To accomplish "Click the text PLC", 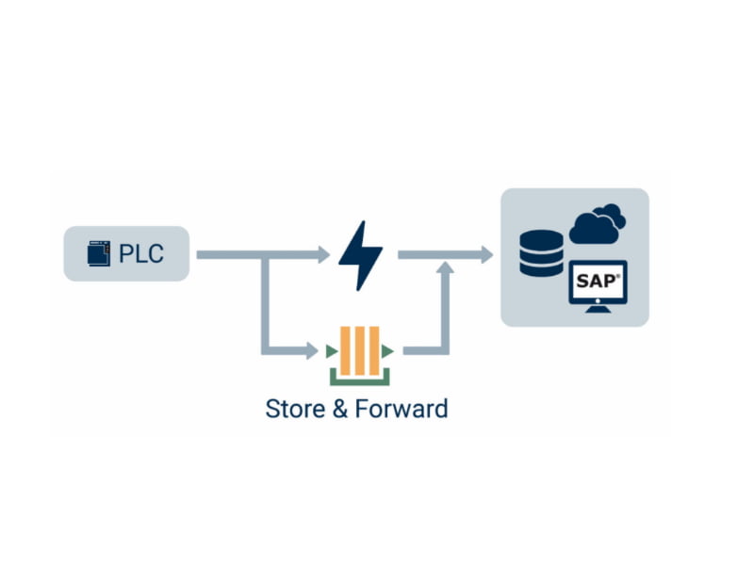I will pos(140,254).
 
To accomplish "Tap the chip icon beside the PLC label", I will pos(98,254).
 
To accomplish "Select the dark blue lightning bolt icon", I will pos(361,255).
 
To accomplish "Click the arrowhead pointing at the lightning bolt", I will pos(322,254).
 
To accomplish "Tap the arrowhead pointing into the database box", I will pos(485,254).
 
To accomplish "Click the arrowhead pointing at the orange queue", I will pos(312,351).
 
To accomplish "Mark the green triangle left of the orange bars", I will pos(332,351).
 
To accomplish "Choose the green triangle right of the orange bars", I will pos(387,351).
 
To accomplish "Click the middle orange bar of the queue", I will pos(359,351).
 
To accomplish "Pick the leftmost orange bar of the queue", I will pos(346,351).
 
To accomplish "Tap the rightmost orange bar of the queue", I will pos(373,351).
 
